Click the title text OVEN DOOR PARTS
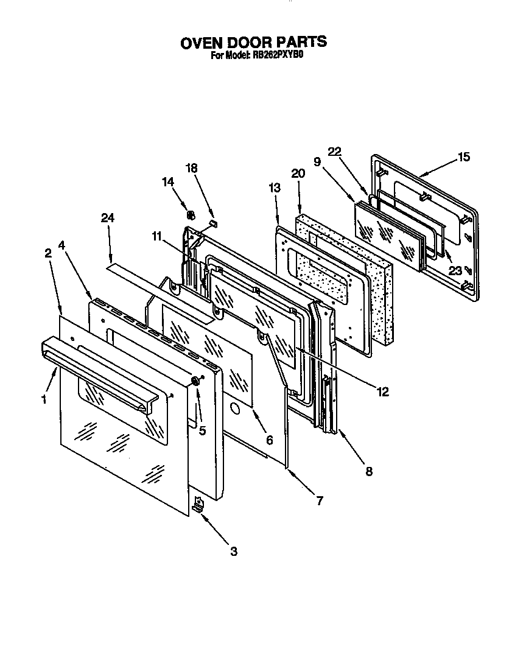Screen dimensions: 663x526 click(x=254, y=42)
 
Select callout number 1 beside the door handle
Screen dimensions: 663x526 click(x=43, y=400)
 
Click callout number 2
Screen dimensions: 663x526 click(x=47, y=254)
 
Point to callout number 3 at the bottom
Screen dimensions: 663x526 click(x=233, y=552)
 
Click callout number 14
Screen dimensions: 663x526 click(x=169, y=181)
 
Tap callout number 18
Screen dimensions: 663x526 click(x=192, y=169)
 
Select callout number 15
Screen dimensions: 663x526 click(x=463, y=157)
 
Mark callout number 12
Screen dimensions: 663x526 click(x=382, y=392)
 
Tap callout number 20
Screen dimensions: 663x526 click(x=298, y=174)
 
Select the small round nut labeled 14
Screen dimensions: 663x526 click(x=189, y=214)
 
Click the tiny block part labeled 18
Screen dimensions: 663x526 click(x=213, y=223)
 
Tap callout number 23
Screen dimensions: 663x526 click(x=455, y=254)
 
